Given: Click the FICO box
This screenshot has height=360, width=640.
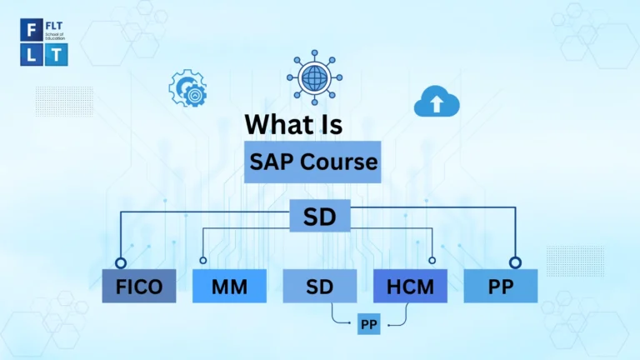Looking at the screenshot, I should [x=138, y=287].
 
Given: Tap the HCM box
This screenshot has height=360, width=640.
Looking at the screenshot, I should [x=410, y=287].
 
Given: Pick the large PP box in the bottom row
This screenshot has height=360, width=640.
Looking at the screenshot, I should [x=501, y=287].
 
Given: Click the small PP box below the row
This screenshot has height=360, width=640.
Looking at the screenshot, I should [x=368, y=323].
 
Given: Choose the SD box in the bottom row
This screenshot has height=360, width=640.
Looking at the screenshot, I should [x=319, y=287].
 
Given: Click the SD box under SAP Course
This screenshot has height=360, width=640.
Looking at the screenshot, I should [x=319, y=217].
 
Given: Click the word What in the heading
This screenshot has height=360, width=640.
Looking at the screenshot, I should [x=281, y=124].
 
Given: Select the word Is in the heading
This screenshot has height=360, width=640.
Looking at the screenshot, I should [x=331, y=124].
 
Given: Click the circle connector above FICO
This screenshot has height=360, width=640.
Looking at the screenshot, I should [x=122, y=262].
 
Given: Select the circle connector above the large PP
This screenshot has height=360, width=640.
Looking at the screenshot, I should [x=516, y=262].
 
